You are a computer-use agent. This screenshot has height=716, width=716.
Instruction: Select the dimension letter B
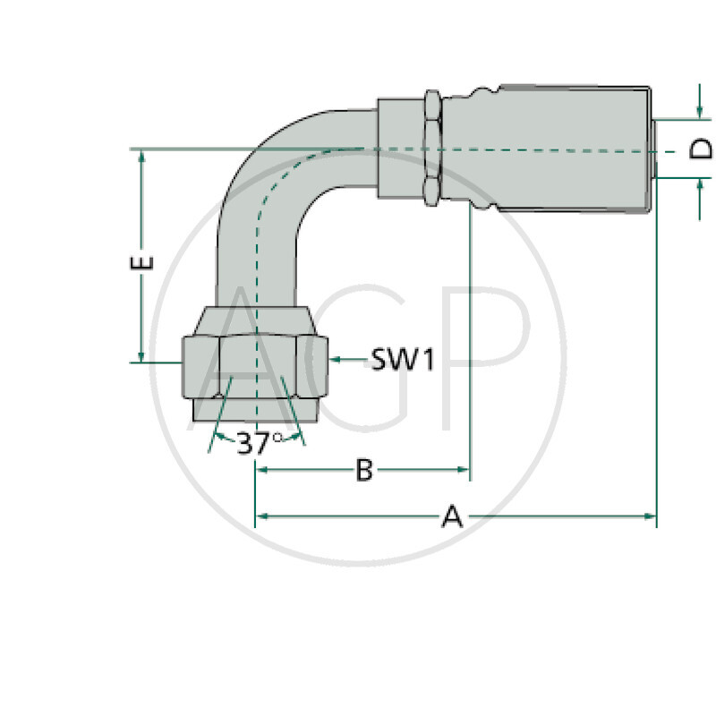363,470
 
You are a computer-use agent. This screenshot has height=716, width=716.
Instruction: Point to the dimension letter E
143,263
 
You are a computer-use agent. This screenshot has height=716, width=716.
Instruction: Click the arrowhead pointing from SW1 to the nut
335,359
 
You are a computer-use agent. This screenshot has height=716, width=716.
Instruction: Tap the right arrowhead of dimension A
651,516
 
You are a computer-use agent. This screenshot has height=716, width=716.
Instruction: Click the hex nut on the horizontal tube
431,148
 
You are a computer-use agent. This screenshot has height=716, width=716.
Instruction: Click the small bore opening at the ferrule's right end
654,149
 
